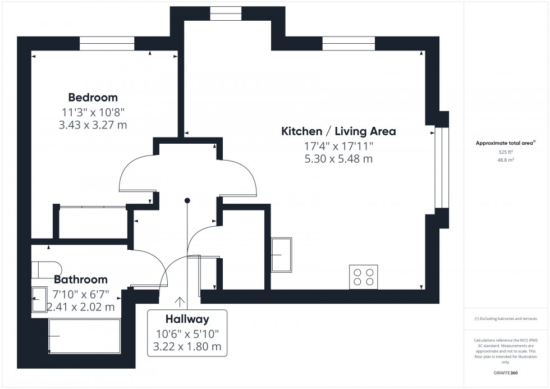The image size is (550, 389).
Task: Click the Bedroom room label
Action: pyautogui.click(x=93, y=97)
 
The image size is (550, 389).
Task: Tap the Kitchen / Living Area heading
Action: pyautogui.click(x=338, y=131)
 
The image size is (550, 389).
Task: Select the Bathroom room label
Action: pyautogui.click(x=81, y=279)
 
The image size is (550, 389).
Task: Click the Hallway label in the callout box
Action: pyautogui.click(x=187, y=319)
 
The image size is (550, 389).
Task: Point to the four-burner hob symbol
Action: pyautogui.click(x=363, y=277)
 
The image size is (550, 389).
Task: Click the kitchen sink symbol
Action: pyautogui.click(x=282, y=254)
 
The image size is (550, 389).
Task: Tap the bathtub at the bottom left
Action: pyautogui.click(x=84, y=336)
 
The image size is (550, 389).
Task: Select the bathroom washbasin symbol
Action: pyautogui.click(x=40, y=299)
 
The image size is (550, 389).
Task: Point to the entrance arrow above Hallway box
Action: pyautogui.click(x=180, y=302)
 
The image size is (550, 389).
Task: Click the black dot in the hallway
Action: pyautogui.click(x=187, y=200)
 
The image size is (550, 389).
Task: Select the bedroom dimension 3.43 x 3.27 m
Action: pyautogui.click(x=93, y=125)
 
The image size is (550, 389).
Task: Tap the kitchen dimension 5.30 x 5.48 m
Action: pyautogui.click(x=338, y=159)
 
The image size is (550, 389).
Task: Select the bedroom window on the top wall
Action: pyautogui.click(x=107, y=43)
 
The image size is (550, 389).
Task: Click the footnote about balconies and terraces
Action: pyautogui.click(x=506, y=318)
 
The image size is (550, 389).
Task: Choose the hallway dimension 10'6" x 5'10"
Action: pyautogui.click(x=187, y=333)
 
